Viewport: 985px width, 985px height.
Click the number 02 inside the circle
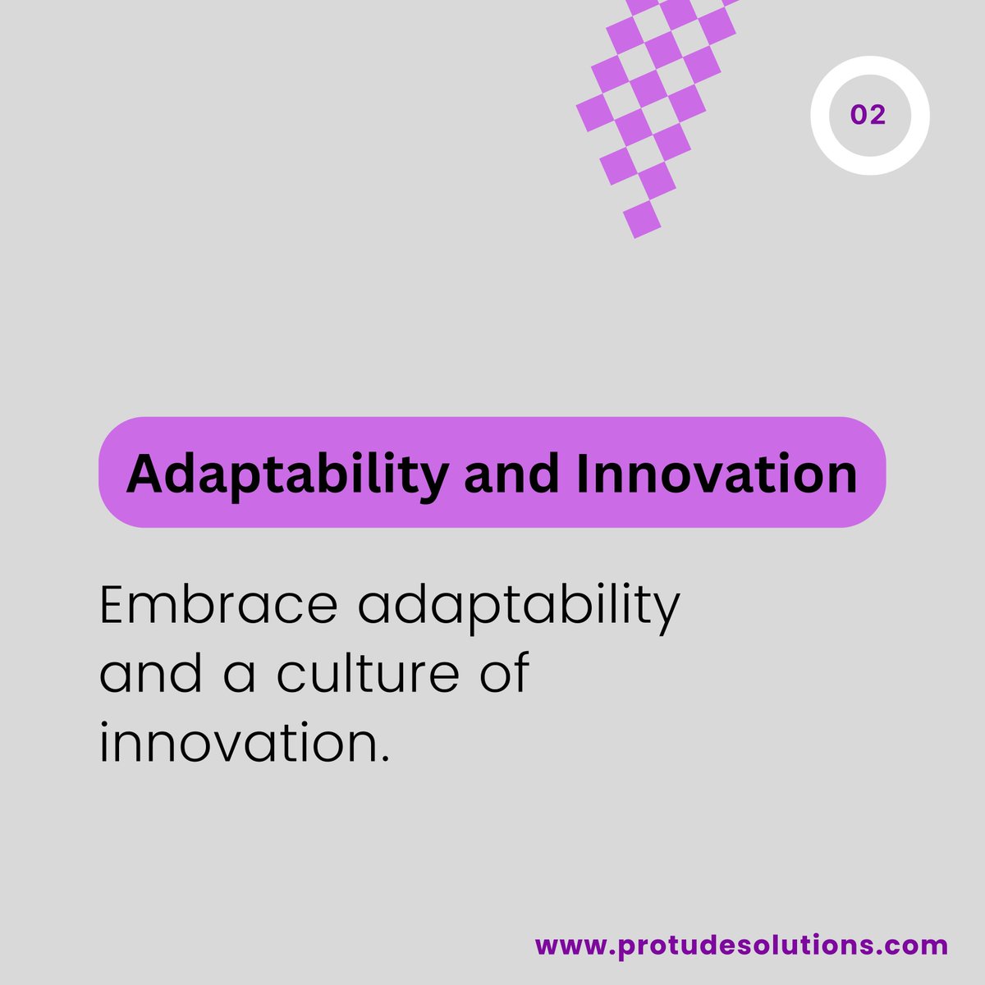pos(868,115)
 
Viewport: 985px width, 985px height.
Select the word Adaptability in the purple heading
pos(287,474)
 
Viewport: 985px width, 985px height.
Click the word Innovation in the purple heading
pos(717,474)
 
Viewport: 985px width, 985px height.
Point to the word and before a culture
pos(151,674)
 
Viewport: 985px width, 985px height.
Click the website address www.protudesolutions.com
pos(741,945)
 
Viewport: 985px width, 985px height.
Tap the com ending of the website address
pos(921,945)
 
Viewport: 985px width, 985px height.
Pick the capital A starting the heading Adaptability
pos(144,474)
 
